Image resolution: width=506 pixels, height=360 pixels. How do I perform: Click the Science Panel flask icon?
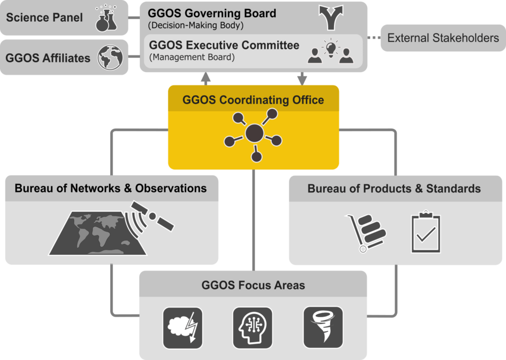(x=107, y=18)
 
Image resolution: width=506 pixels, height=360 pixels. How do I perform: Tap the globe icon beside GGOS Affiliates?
(x=110, y=57)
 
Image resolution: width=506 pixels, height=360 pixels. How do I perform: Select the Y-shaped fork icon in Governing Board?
(x=331, y=18)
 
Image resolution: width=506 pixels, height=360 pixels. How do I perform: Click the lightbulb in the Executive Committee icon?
(x=331, y=48)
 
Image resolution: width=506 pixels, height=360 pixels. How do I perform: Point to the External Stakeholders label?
(x=443, y=38)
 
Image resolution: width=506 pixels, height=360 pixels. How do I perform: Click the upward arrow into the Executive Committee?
(x=206, y=79)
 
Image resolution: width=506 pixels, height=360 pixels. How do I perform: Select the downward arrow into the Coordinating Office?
(x=302, y=79)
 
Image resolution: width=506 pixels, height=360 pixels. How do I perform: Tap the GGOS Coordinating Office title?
(x=253, y=100)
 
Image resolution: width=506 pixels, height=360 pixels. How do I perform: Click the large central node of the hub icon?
(x=254, y=133)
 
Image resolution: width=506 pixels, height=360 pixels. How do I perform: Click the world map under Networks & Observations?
(x=97, y=233)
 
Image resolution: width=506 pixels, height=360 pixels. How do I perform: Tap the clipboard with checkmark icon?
(x=426, y=232)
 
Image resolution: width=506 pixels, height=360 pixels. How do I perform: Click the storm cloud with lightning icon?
(x=183, y=328)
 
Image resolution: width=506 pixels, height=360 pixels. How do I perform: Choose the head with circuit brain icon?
(x=253, y=328)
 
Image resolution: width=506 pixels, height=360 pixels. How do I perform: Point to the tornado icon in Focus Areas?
(x=323, y=327)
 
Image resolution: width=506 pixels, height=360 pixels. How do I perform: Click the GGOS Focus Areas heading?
(x=253, y=285)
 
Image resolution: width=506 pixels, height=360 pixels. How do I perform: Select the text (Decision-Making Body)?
(x=196, y=26)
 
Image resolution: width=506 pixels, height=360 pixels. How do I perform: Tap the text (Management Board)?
(x=192, y=57)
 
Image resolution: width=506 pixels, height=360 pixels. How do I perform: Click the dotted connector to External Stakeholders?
(x=374, y=38)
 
